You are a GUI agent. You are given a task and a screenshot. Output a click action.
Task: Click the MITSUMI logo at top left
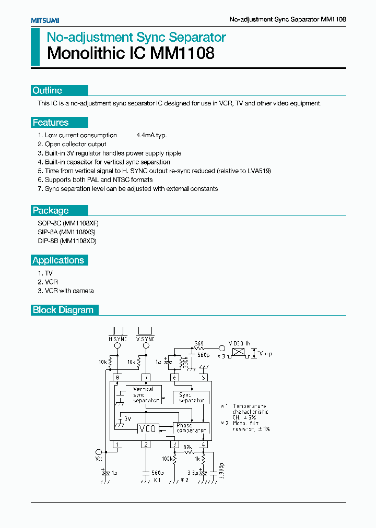coord(44,20)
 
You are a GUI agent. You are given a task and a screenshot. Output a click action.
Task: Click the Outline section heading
coord(47,90)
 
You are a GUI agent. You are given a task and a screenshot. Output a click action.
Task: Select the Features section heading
coord(51,123)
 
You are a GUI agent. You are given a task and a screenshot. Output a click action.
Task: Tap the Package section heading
coord(51,210)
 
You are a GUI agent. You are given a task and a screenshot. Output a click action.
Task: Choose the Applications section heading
coord(58,260)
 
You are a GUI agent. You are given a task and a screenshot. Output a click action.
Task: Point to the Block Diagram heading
coord(63,310)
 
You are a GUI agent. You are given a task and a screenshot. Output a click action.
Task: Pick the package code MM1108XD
coord(79,241)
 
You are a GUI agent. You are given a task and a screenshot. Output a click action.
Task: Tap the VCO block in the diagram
coord(147,428)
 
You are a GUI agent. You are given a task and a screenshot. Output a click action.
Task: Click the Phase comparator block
coord(191,428)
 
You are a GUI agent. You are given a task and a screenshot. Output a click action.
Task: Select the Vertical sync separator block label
coord(145,395)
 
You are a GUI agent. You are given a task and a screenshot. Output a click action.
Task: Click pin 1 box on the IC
coord(118,445)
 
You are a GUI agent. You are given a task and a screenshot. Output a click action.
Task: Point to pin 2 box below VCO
coord(147,445)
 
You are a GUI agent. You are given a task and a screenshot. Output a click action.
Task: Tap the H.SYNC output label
coord(118,339)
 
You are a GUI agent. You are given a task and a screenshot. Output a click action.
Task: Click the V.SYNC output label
coord(145,339)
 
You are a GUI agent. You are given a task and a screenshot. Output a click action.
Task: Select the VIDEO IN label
coord(241,343)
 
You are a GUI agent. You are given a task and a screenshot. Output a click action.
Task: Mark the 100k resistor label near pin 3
coord(167,459)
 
